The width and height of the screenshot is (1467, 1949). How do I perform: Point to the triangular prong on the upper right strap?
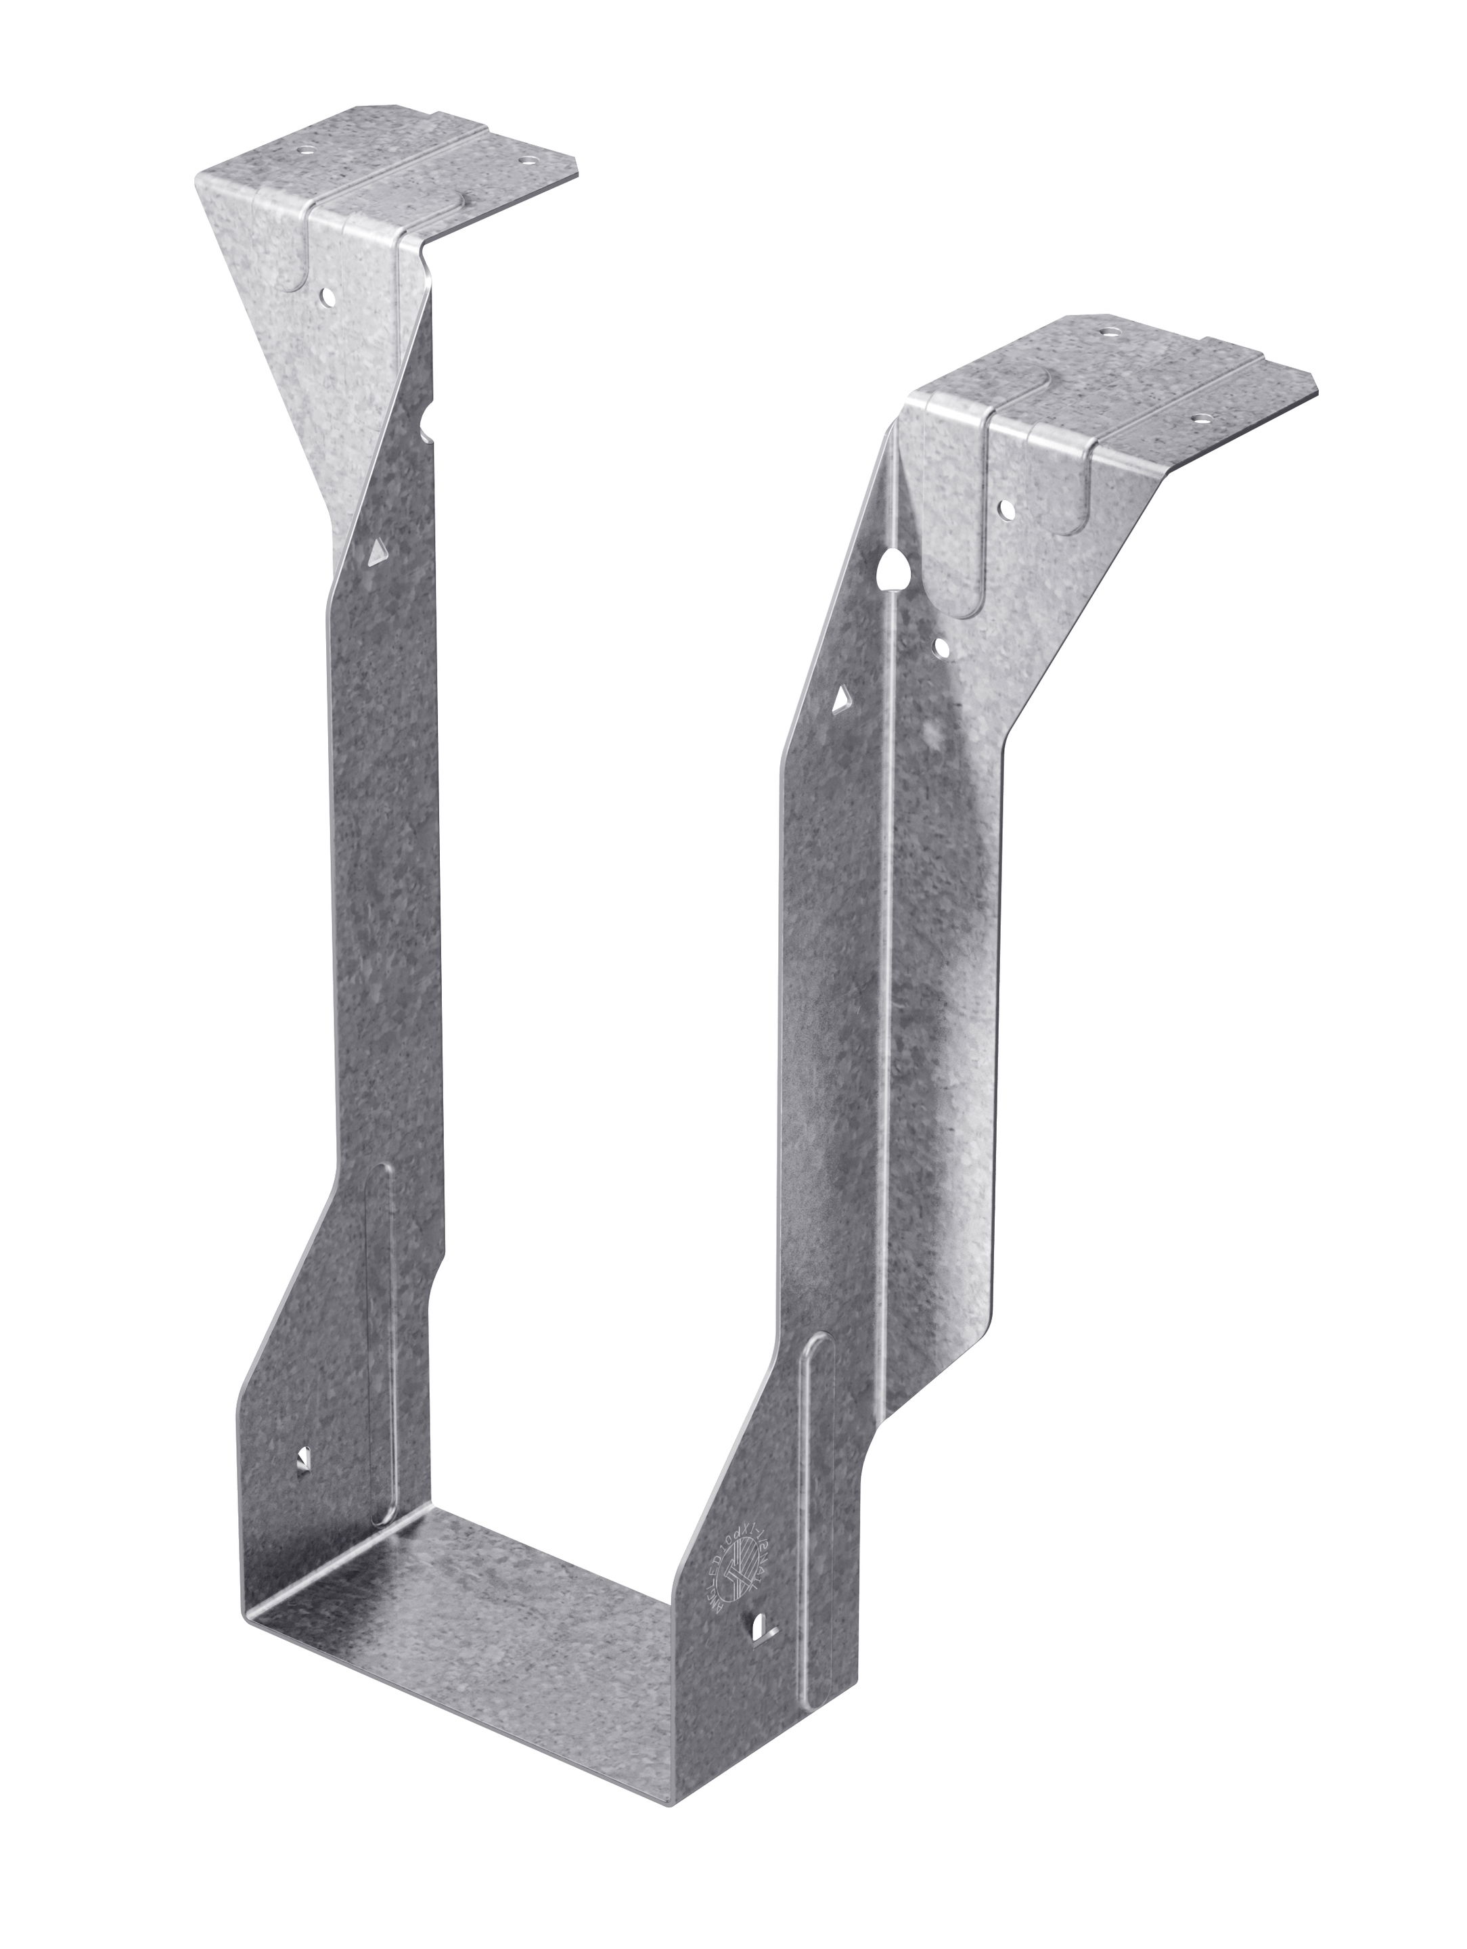click(x=843, y=701)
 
